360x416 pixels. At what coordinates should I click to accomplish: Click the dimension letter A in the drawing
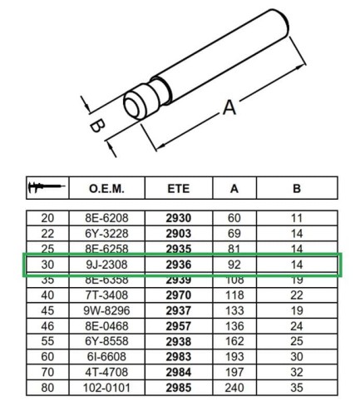(x=229, y=108)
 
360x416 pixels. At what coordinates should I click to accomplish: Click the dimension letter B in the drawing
(x=96, y=126)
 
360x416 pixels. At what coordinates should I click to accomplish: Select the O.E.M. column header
(x=106, y=189)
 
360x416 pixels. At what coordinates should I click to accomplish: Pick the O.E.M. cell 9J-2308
(x=106, y=264)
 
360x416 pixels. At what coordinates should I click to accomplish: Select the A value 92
(x=234, y=264)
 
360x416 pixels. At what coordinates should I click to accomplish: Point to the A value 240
(x=234, y=387)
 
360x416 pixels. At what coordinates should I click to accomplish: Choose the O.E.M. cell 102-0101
(x=106, y=387)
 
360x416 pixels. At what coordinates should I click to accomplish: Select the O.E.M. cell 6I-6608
(x=106, y=355)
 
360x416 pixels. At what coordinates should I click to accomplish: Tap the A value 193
(x=234, y=355)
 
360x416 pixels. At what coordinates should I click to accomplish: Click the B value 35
(x=297, y=387)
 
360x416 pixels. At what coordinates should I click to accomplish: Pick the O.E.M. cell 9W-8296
(x=106, y=310)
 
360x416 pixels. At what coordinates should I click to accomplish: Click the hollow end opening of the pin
(x=134, y=106)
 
